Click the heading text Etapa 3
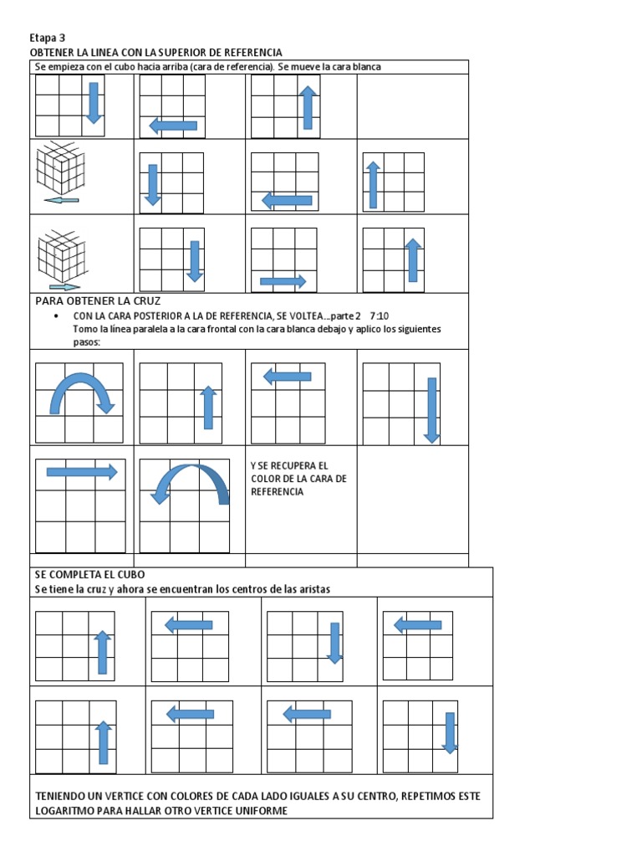tap(47, 38)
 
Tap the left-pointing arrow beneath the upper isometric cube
tap(61, 201)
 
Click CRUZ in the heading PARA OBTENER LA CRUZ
tap(145, 300)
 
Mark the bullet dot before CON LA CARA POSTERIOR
tap(55, 316)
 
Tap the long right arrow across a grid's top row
tap(81, 472)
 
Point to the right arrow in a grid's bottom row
tap(283, 281)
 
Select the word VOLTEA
tap(304, 316)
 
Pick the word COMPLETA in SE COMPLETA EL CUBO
tap(82, 575)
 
